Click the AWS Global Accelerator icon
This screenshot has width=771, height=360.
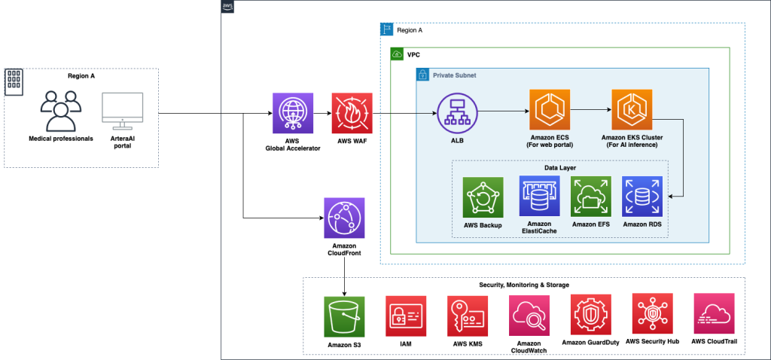coord(292,113)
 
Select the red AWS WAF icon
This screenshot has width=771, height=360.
coord(352,113)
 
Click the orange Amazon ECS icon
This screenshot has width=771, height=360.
coord(550,109)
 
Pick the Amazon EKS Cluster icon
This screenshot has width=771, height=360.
coord(632,109)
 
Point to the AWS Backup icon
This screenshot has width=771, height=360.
coord(483,197)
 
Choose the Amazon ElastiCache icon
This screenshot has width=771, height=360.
coord(539,196)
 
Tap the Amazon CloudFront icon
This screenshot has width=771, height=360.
coord(344,218)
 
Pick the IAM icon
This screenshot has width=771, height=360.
coord(406,316)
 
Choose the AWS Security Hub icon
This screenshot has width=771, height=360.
coord(652,314)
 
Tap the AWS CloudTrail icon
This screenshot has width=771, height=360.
coord(713,314)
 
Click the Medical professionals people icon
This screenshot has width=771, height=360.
coord(61,111)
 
